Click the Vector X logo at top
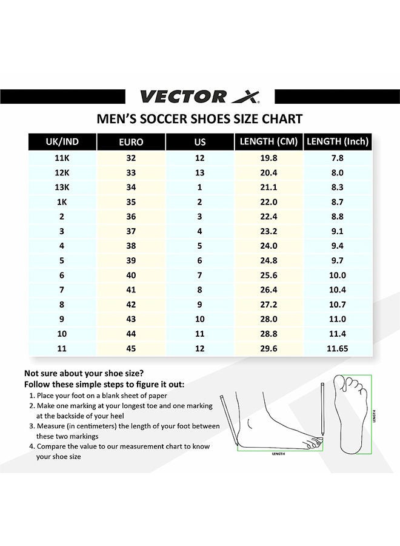[x=199, y=96]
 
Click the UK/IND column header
[x=62, y=141]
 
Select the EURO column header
[x=131, y=142]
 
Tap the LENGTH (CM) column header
[x=268, y=141]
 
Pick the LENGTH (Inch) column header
[x=338, y=141]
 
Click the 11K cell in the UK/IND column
[x=62, y=158]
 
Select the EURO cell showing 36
[x=131, y=217]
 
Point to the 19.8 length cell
[x=268, y=158]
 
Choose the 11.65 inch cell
[x=338, y=349]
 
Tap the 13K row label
[x=62, y=187]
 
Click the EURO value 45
[x=131, y=349]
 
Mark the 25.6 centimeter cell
[x=268, y=275]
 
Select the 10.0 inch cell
[x=338, y=275]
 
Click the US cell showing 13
[x=200, y=172]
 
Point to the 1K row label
[x=62, y=202]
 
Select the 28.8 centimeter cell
[x=268, y=334]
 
